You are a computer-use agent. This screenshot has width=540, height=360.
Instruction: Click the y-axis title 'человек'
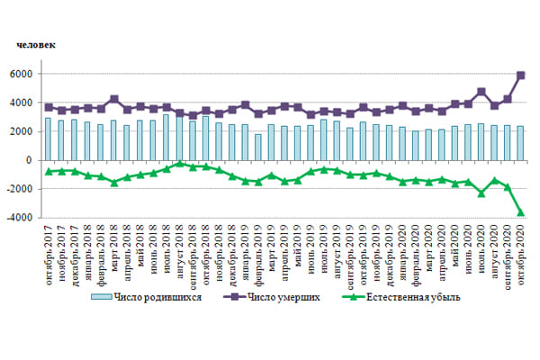pos(36,43)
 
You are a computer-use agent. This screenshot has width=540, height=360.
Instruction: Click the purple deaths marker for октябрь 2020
pos(520,76)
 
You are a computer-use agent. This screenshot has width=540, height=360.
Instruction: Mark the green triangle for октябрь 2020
pos(520,212)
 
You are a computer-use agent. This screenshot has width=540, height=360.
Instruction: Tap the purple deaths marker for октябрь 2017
pos(49,107)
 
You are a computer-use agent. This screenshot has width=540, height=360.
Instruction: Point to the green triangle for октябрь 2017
pos(49,171)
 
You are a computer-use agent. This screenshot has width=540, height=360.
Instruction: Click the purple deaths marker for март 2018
pos(114,99)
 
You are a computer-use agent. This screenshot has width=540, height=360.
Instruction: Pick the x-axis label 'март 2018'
pos(114,250)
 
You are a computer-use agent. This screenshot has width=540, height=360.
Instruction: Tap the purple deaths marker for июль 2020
pos(481,92)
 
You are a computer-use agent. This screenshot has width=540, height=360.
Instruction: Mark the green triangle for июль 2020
pos(481,193)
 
